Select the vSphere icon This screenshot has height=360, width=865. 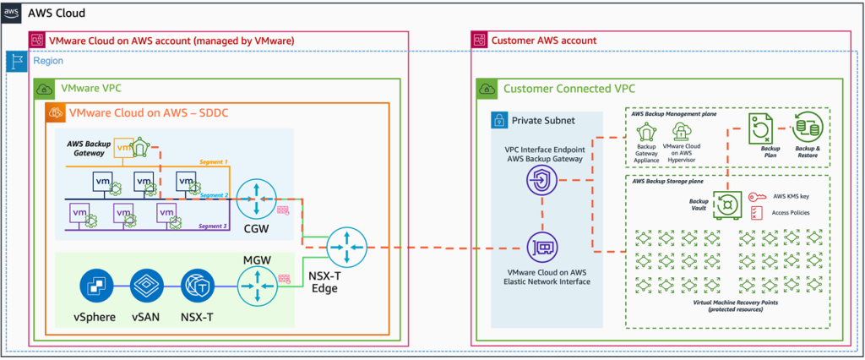tap(96, 287)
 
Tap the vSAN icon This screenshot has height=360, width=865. tap(146, 287)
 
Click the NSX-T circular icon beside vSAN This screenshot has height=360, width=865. tap(196, 287)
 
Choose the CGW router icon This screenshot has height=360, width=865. tap(253, 199)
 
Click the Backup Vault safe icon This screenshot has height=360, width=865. tap(726, 204)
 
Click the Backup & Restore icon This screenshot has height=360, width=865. tap(807, 127)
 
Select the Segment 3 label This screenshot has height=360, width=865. tap(213, 226)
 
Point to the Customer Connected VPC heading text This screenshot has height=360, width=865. tap(563, 88)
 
